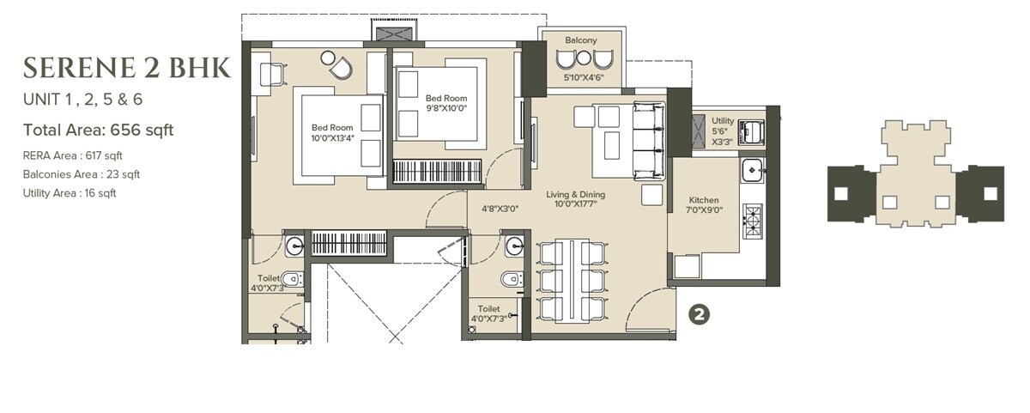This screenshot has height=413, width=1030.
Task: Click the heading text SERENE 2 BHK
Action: coord(126,67)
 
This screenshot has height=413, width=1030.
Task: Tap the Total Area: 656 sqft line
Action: coord(98,131)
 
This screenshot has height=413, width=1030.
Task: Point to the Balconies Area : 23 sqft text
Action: coord(82,174)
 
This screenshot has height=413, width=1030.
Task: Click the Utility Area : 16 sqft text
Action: coord(70,193)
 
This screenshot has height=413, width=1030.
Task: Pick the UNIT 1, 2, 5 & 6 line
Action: coord(82,100)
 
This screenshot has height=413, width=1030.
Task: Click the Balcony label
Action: coord(581,40)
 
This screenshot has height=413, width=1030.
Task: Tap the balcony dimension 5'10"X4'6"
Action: coord(584,77)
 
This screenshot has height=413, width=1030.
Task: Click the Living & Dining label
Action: coord(576,195)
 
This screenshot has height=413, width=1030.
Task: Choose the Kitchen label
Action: coord(703,199)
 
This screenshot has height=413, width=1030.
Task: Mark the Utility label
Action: coord(723,121)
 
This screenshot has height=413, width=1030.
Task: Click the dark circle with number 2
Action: coord(700,314)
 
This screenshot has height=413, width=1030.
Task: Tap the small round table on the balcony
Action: coord(584,58)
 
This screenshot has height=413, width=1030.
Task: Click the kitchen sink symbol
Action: coord(751,170)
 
